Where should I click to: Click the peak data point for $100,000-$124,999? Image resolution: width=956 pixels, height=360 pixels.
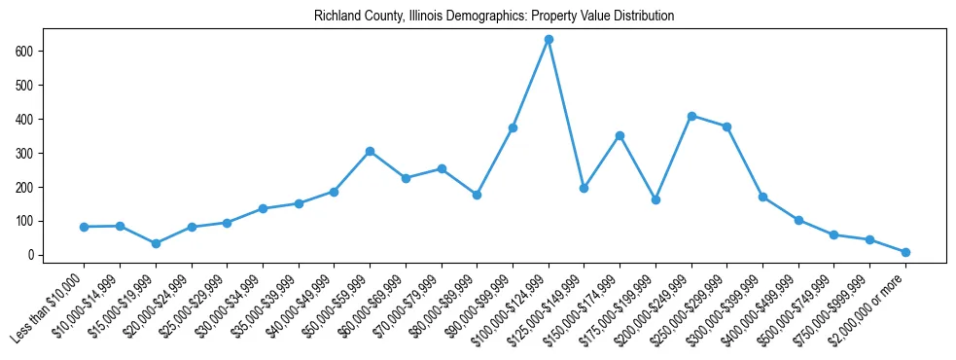(x=549, y=39)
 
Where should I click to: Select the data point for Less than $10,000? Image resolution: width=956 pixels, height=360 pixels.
(x=84, y=227)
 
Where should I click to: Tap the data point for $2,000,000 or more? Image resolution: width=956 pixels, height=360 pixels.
(x=905, y=252)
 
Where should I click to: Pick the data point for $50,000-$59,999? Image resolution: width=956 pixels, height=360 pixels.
(x=370, y=151)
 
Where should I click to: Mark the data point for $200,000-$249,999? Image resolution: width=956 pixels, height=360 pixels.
(x=691, y=116)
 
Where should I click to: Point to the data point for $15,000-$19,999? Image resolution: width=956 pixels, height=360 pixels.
(x=156, y=243)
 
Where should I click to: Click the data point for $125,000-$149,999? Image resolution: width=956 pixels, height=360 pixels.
(x=584, y=188)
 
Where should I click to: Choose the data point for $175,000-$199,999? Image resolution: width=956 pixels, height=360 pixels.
(x=655, y=199)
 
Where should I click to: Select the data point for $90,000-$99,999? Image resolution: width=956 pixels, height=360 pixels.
(x=513, y=127)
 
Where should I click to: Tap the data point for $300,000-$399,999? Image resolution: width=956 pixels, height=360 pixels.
(x=762, y=197)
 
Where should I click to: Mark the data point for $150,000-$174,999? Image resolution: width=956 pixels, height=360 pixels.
(x=620, y=135)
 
